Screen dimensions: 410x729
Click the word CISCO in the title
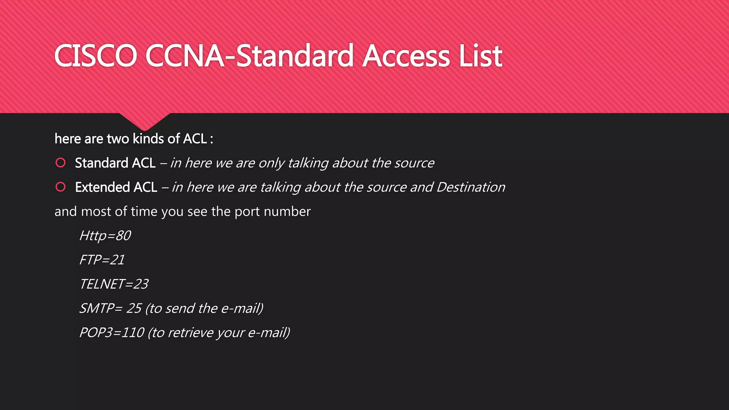point(95,56)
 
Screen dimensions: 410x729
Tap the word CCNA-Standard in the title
point(249,56)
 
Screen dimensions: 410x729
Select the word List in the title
point(481,56)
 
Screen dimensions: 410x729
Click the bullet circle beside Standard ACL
point(61,163)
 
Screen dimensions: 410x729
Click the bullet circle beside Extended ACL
point(61,187)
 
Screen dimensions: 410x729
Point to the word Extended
point(102,187)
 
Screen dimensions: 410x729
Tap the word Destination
point(471,187)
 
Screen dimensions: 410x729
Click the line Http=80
point(105,236)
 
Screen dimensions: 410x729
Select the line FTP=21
point(102,260)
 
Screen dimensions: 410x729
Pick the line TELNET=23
point(114,284)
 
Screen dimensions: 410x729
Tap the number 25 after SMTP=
point(134,308)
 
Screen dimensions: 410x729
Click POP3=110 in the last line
point(111,332)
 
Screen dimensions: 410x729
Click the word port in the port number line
point(247,211)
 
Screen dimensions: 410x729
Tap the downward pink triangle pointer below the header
point(145,121)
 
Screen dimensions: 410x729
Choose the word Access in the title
point(407,56)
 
